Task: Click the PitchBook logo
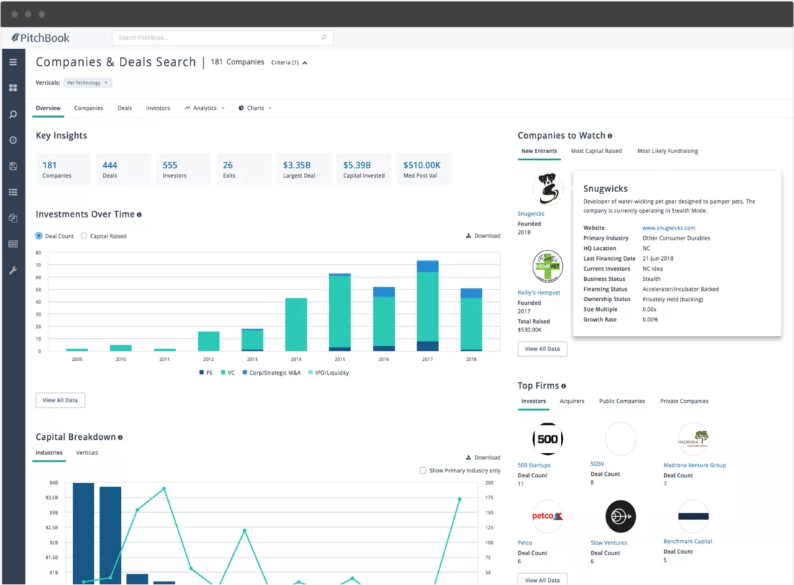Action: pyautogui.click(x=40, y=38)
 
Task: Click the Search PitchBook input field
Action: pyautogui.click(x=222, y=38)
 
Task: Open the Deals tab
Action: pyautogui.click(x=125, y=108)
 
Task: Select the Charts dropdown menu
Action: pyautogui.click(x=256, y=108)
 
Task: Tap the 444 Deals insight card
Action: pyautogui.click(x=123, y=169)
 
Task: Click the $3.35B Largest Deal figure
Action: pyautogui.click(x=297, y=165)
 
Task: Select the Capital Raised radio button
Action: pyautogui.click(x=84, y=236)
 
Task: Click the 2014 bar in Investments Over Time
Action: pyautogui.click(x=296, y=324)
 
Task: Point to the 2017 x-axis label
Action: pyautogui.click(x=427, y=359)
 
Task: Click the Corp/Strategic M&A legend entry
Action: pyautogui.click(x=271, y=373)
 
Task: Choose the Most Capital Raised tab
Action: pyautogui.click(x=596, y=151)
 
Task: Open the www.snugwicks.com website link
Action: pyautogui.click(x=668, y=228)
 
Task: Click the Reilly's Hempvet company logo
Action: pyautogui.click(x=547, y=266)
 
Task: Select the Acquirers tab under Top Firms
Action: pyautogui.click(x=572, y=401)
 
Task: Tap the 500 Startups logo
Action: pyautogui.click(x=547, y=438)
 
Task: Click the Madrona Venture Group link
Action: pyautogui.click(x=694, y=465)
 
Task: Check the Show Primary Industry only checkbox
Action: pyautogui.click(x=423, y=471)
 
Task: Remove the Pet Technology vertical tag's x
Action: pyautogui.click(x=106, y=82)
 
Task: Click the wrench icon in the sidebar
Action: pyautogui.click(x=13, y=270)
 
